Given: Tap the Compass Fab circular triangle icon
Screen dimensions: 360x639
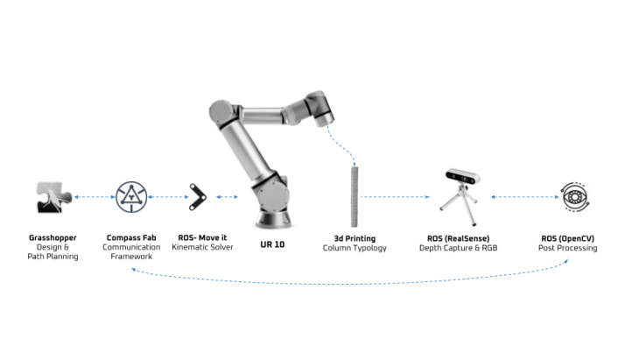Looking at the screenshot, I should pos(131,196).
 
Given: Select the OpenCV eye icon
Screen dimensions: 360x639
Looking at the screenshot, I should pos(575,196).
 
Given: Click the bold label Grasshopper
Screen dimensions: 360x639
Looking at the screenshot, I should pos(52,237).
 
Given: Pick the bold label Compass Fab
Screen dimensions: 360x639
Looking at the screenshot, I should pos(130,237).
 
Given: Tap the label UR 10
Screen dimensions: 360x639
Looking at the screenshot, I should pos(272,244).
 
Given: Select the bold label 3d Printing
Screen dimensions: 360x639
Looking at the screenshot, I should pos(354,237).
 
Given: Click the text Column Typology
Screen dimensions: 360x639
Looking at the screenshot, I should pos(354,248).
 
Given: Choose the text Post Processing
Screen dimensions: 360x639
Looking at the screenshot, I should pos(567,248).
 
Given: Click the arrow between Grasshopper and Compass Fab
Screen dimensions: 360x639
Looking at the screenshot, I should pos(92,197).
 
